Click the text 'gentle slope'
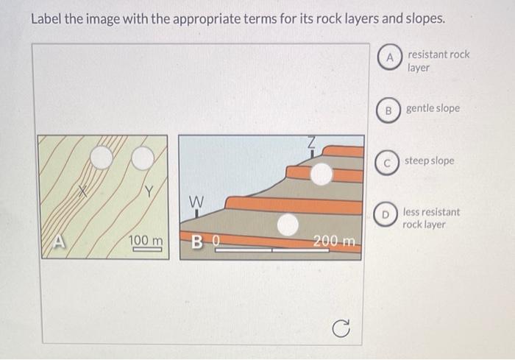tap(433, 108)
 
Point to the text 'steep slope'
tap(429, 160)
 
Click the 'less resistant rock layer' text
tap(430, 218)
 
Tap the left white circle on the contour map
tap(102, 157)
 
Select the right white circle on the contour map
tap(142, 157)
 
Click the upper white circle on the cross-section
tap(321, 174)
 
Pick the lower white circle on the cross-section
tap(288, 225)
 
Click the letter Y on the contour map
tap(149, 192)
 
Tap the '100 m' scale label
tap(146, 241)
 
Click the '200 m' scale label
tap(333, 241)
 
